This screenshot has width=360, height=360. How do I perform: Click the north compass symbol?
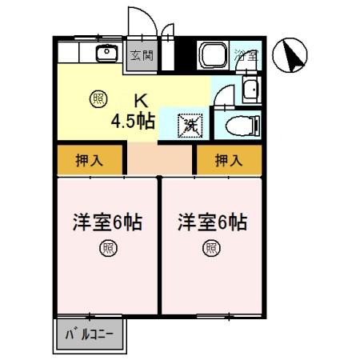pos(291,56)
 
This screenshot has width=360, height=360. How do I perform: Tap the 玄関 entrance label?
pos(142,56)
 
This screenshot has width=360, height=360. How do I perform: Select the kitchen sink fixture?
pos(106,54)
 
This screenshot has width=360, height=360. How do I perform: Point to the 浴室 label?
pos(246,55)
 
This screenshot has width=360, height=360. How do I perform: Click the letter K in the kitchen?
pos(140,102)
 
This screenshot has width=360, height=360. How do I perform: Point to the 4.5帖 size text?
pos(133,122)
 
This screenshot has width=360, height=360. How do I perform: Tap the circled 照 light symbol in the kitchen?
pos(98,98)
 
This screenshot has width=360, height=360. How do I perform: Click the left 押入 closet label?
pos(89,161)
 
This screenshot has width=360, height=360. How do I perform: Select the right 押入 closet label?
pos(229,161)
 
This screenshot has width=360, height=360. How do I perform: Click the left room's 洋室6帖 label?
pos(108,222)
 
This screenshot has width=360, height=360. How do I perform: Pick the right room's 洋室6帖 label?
pos(212,222)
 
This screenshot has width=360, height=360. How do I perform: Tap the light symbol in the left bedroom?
pos(107,248)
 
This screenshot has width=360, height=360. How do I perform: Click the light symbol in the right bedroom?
pos(212,248)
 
